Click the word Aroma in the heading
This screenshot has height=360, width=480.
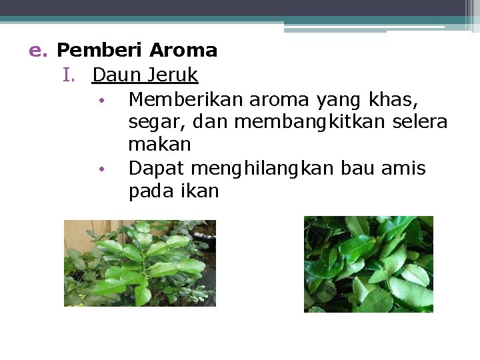[183, 51]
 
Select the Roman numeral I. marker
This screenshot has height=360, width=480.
[70, 75]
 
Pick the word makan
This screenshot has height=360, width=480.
[159, 145]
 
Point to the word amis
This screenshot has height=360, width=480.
[403, 169]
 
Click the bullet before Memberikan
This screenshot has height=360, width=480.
[100, 101]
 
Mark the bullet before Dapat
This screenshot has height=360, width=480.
[100, 169]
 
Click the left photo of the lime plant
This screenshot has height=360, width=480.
[140, 263]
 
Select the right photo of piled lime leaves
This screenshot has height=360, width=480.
[369, 264]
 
